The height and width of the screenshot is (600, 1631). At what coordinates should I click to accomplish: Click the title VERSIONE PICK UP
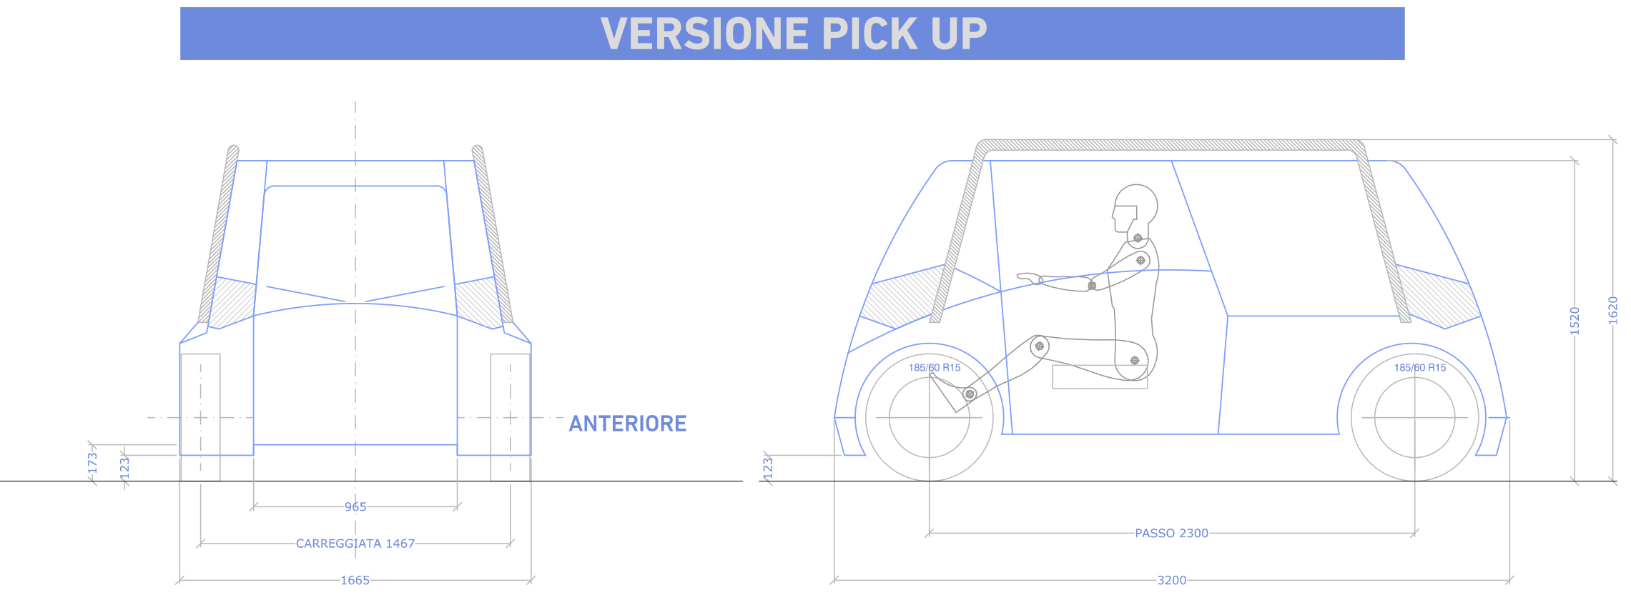[x=794, y=34]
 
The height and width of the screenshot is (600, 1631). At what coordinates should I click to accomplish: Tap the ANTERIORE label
[x=628, y=424]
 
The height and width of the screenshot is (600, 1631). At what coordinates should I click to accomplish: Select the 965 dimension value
[x=355, y=507]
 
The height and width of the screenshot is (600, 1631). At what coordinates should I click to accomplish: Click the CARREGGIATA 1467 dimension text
[x=355, y=544]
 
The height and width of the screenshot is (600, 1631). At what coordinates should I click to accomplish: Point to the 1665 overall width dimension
[x=355, y=581]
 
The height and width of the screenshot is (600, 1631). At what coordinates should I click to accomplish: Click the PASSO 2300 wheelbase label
[x=1172, y=534]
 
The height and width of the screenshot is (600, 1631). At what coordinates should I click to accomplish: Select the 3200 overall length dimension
[x=1172, y=581]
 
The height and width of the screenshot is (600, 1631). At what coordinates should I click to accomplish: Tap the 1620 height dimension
[x=1613, y=311]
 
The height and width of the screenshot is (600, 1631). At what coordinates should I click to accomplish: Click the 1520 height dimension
[x=1575, y=321]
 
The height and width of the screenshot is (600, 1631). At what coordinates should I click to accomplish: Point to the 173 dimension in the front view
[x=92, y=463]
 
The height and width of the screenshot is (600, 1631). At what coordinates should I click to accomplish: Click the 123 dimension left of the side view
[x=768, y=468]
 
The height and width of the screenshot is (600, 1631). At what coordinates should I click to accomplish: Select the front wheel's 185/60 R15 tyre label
[x=935, y=368]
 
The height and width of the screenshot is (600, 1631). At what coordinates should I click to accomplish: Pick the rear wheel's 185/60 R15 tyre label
[x=1420, y=368]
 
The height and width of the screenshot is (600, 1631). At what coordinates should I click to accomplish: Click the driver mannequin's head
[x=1135, y=209]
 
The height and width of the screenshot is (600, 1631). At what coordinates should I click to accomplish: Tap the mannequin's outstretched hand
[x=1030, y=278]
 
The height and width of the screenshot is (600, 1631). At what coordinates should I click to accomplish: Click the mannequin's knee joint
[x=1040, y=346]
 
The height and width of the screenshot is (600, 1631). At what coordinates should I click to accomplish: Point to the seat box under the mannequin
[x=1100, y=377]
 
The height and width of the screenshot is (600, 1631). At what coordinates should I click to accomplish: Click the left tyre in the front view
[x=200, y=417]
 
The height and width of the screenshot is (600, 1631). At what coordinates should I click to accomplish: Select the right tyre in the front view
[x=511, y=417]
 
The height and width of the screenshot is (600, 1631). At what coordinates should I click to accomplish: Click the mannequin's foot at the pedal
[x=948, y=392]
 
